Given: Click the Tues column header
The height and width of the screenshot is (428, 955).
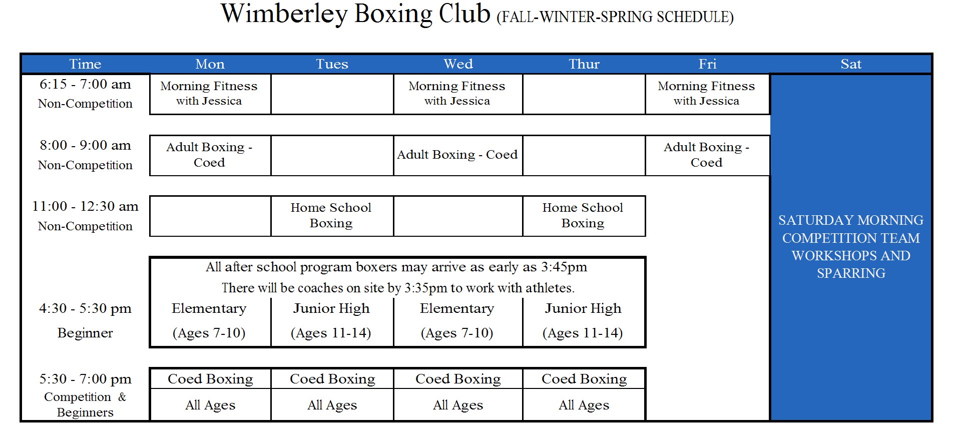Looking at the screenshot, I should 332,64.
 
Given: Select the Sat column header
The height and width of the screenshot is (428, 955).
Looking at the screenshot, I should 850,64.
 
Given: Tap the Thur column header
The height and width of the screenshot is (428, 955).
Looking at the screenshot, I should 584,64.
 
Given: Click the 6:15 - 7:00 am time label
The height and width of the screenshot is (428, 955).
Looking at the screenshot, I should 85,84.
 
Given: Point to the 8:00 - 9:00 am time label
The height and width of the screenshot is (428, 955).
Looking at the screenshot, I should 85,145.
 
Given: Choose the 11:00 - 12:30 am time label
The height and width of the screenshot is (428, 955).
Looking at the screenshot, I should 85,206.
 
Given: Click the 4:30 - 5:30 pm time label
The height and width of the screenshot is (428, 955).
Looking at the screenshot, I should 85,308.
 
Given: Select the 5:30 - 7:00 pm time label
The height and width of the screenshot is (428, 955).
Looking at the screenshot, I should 85,379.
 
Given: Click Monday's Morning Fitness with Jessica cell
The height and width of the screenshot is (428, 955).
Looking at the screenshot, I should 209,94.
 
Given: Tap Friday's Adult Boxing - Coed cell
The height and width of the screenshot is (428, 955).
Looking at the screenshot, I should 706,155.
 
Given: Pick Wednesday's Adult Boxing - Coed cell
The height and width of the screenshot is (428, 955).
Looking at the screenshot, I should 457,155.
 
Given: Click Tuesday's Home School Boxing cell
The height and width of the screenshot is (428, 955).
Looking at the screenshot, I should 331,215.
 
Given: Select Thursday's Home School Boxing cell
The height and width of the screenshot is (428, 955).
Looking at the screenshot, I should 583,215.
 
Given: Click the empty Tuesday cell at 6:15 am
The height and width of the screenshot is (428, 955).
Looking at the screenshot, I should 332,94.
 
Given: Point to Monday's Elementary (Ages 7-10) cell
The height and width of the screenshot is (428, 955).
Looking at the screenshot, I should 209,320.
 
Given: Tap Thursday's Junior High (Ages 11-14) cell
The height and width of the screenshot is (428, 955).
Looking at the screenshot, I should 583,320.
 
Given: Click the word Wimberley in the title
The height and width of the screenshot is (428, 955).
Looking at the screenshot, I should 284,14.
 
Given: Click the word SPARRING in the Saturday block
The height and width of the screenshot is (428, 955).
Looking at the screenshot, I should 851,273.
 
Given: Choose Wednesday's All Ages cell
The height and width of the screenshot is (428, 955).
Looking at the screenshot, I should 458,405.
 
